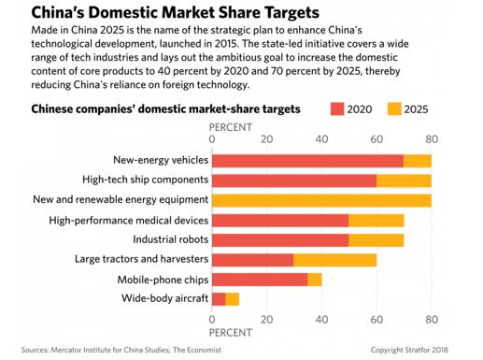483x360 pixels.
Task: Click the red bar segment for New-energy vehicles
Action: [307, 160]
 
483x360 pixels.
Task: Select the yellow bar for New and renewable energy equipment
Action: [321, 199]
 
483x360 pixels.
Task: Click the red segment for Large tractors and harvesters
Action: [253, 259]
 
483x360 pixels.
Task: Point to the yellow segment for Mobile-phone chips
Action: [315, 279]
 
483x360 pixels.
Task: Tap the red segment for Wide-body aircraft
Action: [219, 298]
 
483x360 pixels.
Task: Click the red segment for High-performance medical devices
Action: [280, 220]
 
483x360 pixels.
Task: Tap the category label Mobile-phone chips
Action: [162, 279]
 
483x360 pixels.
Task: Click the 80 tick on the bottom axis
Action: [431, 320]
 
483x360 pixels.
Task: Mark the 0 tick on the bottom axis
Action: [213, 320]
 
